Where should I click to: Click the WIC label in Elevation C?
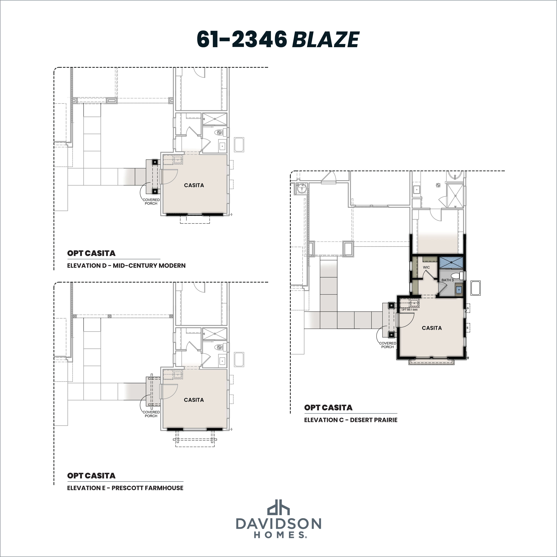point(426,267)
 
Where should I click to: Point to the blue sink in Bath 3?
point(458,289)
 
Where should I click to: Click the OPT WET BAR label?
point(409,310)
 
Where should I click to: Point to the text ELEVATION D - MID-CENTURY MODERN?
point(126,266)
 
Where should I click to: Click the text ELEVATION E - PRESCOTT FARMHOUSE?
point(125,488)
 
